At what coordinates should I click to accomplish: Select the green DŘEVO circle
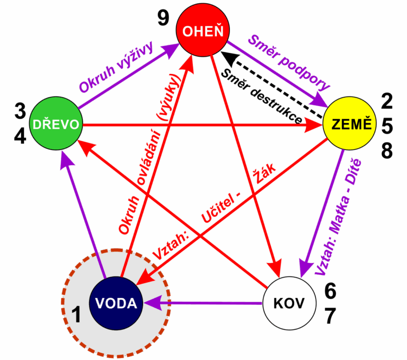56,124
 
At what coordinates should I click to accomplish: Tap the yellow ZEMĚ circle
349,124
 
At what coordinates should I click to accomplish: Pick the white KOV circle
289,303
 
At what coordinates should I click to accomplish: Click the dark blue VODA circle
116,303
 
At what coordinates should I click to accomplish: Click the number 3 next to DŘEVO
20,111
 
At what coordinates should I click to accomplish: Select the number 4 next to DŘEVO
20,136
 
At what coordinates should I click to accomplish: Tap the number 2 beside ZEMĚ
387,101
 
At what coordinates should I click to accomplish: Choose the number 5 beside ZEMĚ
387,126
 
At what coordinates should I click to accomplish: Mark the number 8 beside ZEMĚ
387,151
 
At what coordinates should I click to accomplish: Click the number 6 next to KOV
330,291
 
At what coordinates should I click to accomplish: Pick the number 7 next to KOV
330,316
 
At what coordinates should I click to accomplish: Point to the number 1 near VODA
76,315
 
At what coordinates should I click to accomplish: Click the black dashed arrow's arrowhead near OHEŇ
225,54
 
